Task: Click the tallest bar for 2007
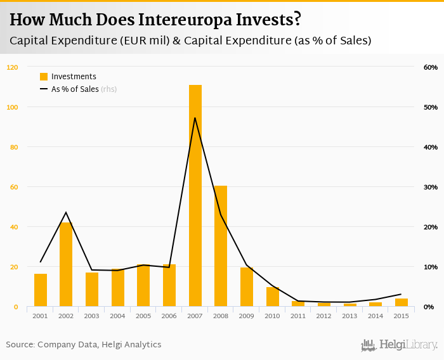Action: tap(195, 196)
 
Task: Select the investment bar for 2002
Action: tap(66, 265)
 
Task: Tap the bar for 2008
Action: tap(221, 247)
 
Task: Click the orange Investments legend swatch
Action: tap(44, 77)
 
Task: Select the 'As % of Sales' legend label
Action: tap(75, 89)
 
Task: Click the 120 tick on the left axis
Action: tap(13, 67)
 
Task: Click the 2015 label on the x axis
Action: tap(401, 316)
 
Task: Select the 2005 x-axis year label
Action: tap(143, 316)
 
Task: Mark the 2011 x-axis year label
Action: tap(298, 316)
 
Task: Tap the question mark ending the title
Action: tap(296, 20)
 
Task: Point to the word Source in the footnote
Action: tap(20, 345)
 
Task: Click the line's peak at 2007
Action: tap(195, 118)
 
